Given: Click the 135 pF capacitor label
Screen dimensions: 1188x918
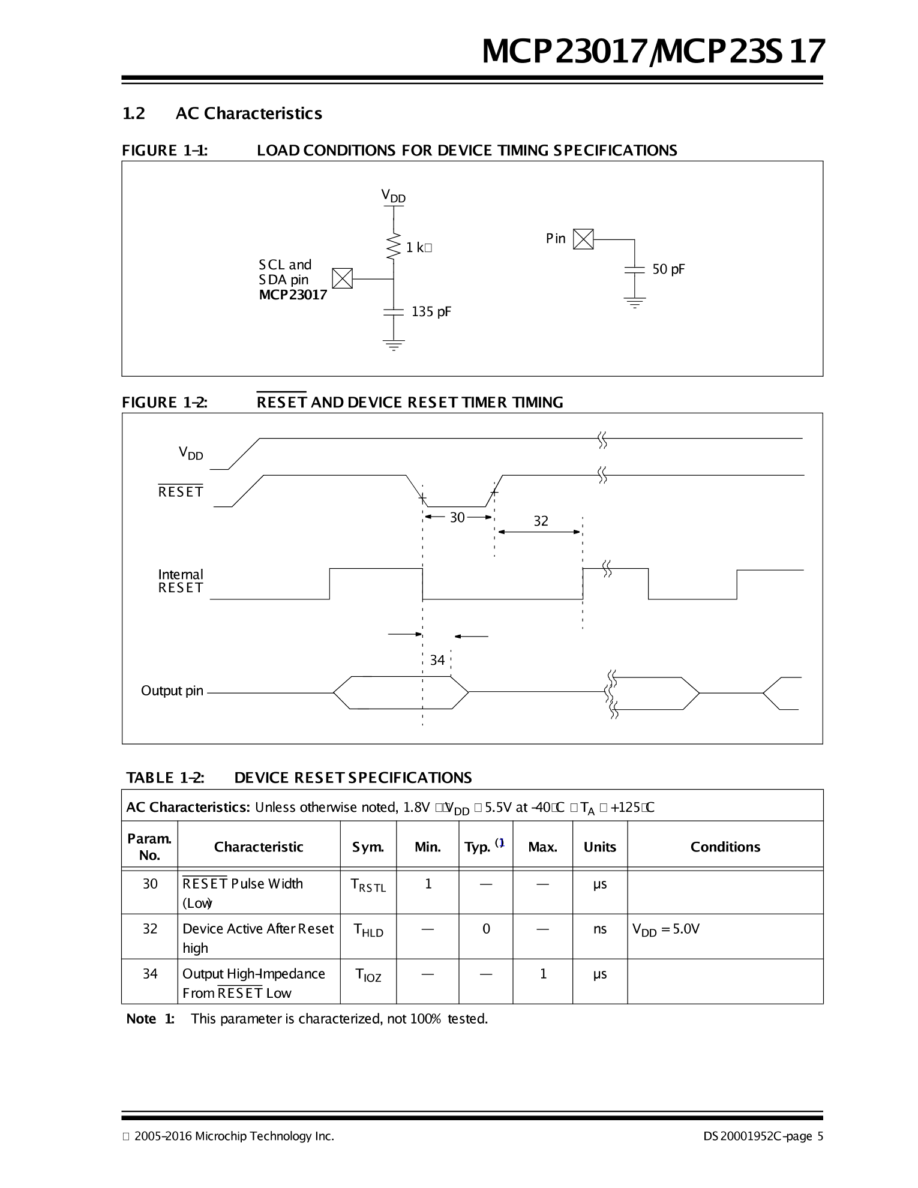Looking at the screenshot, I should [431, 311].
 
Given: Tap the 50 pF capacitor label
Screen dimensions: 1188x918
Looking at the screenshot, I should [668, 269].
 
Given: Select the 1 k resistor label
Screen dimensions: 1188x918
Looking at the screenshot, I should [418, 247].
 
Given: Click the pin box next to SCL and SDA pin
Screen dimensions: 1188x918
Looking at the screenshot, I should [342, 278].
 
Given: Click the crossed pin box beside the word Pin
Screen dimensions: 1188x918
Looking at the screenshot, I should [583, 239].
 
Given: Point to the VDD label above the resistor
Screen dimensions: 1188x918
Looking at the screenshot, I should [393, 196].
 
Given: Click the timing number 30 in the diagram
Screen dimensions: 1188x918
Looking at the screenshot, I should [457, 517].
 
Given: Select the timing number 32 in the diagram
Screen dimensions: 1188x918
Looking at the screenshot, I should [541, 521].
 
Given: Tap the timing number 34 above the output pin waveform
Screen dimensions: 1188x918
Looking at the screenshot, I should [437, 660].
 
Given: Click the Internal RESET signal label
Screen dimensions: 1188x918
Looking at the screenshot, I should [181, 581].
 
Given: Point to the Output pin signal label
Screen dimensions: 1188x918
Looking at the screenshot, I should [172, 691].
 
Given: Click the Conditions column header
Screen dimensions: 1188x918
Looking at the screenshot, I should [725, 847].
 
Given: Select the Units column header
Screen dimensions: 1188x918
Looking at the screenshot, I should [599, 847].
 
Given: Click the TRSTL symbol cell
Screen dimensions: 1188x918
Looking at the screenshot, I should [368, 885].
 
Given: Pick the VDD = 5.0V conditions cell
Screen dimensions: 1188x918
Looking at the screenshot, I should [666, 929].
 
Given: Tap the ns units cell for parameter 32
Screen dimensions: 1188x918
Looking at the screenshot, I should [599, 929].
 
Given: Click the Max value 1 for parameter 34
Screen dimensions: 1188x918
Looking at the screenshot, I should [542, 974].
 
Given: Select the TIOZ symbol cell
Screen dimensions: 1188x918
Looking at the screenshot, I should [368, 975].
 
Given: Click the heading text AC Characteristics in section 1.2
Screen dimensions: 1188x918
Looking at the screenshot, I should [248, 113].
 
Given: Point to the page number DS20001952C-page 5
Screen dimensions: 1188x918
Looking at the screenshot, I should [763, 1136].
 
